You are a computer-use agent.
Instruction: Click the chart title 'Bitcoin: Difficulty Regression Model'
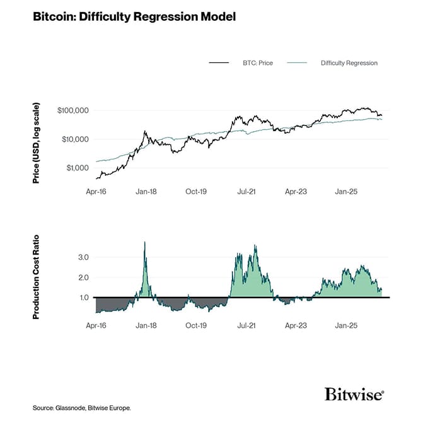(x=134, y=17)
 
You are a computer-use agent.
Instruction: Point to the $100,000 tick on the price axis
(x=73, y=110)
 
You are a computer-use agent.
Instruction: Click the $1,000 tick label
(x=77, y=168)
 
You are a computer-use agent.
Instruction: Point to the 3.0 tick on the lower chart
(x=83, y=257)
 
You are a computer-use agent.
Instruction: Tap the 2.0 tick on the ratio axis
(x=83, y=277)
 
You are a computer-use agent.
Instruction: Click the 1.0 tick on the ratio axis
(x=83, y=298)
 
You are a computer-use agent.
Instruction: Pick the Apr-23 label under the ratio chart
(x=296, y=326)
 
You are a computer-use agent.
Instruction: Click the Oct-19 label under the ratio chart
(x=196, y=326)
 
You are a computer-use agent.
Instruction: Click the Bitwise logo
(x=354, y=395)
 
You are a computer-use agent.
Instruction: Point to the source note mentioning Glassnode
(x=82, y=409)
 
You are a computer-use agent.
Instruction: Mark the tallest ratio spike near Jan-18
(x=145, y=243)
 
